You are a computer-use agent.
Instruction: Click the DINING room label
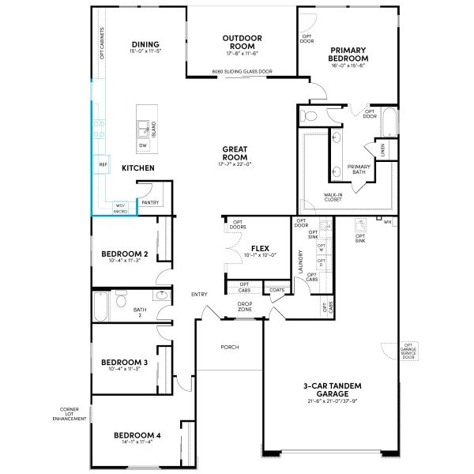[x=145, y=44]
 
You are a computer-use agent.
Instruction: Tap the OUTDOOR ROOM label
[x=243, y=42]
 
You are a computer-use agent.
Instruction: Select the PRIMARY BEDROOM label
[x=348, y=54]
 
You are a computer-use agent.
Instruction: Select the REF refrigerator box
[x=103, y=164]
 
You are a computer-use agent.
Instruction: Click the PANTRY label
[x=150, y=202]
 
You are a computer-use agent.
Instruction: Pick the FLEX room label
[x=260, y=248]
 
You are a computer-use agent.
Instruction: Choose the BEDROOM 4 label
[x=137, y=435]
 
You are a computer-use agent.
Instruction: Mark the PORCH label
[x=230, y=347]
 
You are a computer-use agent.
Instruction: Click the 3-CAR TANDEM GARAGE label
[x=333, y=389]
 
